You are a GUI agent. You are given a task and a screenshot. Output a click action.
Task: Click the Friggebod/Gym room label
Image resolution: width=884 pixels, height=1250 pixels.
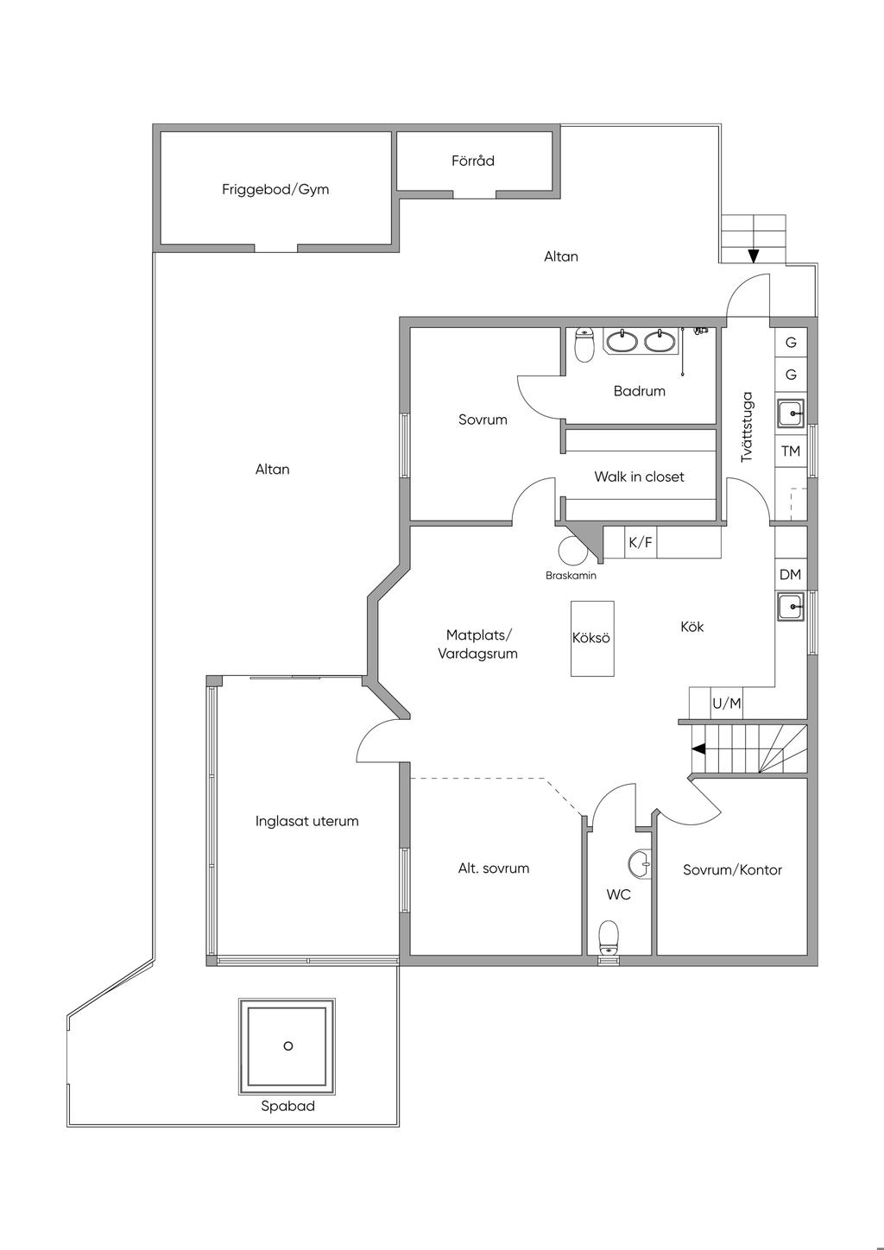coord(275,190)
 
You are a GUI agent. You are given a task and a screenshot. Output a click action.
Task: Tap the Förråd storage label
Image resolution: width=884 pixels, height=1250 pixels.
coord(473,161)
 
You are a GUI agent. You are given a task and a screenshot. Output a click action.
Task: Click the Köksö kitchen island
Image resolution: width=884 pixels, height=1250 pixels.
coord(592,639)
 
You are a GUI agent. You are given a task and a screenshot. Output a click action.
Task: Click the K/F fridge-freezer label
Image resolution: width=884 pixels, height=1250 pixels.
coord(640,542)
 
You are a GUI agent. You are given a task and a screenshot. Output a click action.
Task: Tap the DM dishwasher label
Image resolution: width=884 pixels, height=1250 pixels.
coord(790,574)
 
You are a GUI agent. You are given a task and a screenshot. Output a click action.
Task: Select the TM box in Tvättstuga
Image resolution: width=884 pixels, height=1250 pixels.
coord(791,451)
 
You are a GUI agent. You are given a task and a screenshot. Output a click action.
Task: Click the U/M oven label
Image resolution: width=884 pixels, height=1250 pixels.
coord(727,704)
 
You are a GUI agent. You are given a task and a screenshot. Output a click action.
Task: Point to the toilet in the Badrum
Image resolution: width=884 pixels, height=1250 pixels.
coord(584,344)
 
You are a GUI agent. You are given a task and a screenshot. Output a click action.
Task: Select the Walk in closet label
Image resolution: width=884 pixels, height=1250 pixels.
coord(639,477)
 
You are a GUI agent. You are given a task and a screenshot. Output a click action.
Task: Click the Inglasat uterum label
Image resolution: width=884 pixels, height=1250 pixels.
coord(307,822)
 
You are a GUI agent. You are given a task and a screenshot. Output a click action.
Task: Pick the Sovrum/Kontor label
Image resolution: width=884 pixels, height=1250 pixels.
coord(732,869)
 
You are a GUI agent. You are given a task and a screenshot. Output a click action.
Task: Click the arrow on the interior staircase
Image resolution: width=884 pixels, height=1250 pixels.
coord(698,749)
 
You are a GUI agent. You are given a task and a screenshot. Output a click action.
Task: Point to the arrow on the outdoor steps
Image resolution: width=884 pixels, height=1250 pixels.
coord(754,256)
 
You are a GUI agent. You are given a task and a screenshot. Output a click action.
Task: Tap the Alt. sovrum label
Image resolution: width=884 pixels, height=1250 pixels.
coord(494,868)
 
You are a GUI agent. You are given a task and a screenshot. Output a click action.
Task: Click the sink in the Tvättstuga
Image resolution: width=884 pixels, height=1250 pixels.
coord(791,414)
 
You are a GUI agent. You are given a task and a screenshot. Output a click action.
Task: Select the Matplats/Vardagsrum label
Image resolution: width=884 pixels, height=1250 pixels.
coord(477,644)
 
